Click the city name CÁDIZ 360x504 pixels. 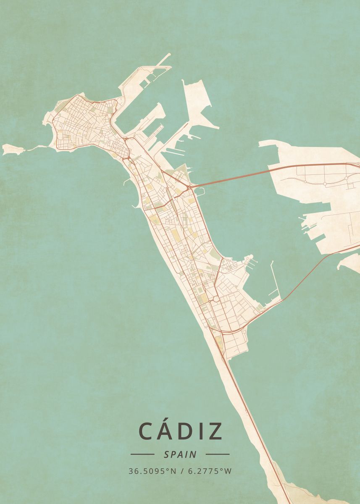click(x=180, y=431)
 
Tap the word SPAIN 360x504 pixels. click(x=180, y=454)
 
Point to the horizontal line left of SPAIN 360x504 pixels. click(x=142, y=454)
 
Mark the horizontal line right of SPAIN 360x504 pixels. click(x=218, y=454)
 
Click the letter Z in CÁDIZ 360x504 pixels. click(x=215, y=431)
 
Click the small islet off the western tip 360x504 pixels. click(x=11, y=149)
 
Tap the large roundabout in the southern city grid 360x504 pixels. click(x=215, y=299)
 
